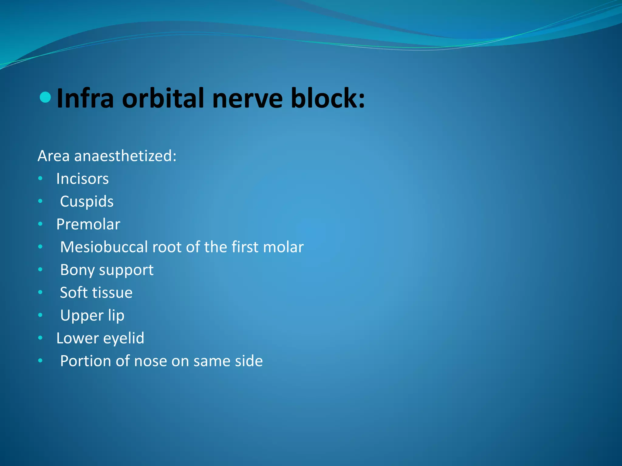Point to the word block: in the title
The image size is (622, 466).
[x=327, y=98]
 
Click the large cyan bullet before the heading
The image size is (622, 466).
[x=45, y=97]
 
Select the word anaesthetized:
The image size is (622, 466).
[x=125, y=156]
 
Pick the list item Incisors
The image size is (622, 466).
[x=82, y=179]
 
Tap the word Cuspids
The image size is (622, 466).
[x=87, y=201]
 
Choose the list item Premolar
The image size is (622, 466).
[x=88, y=224]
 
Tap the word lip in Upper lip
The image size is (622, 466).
[x=116, y=316]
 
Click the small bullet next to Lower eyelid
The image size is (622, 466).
[x=40, y=338]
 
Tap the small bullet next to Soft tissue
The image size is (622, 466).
[x=40, y=292]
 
